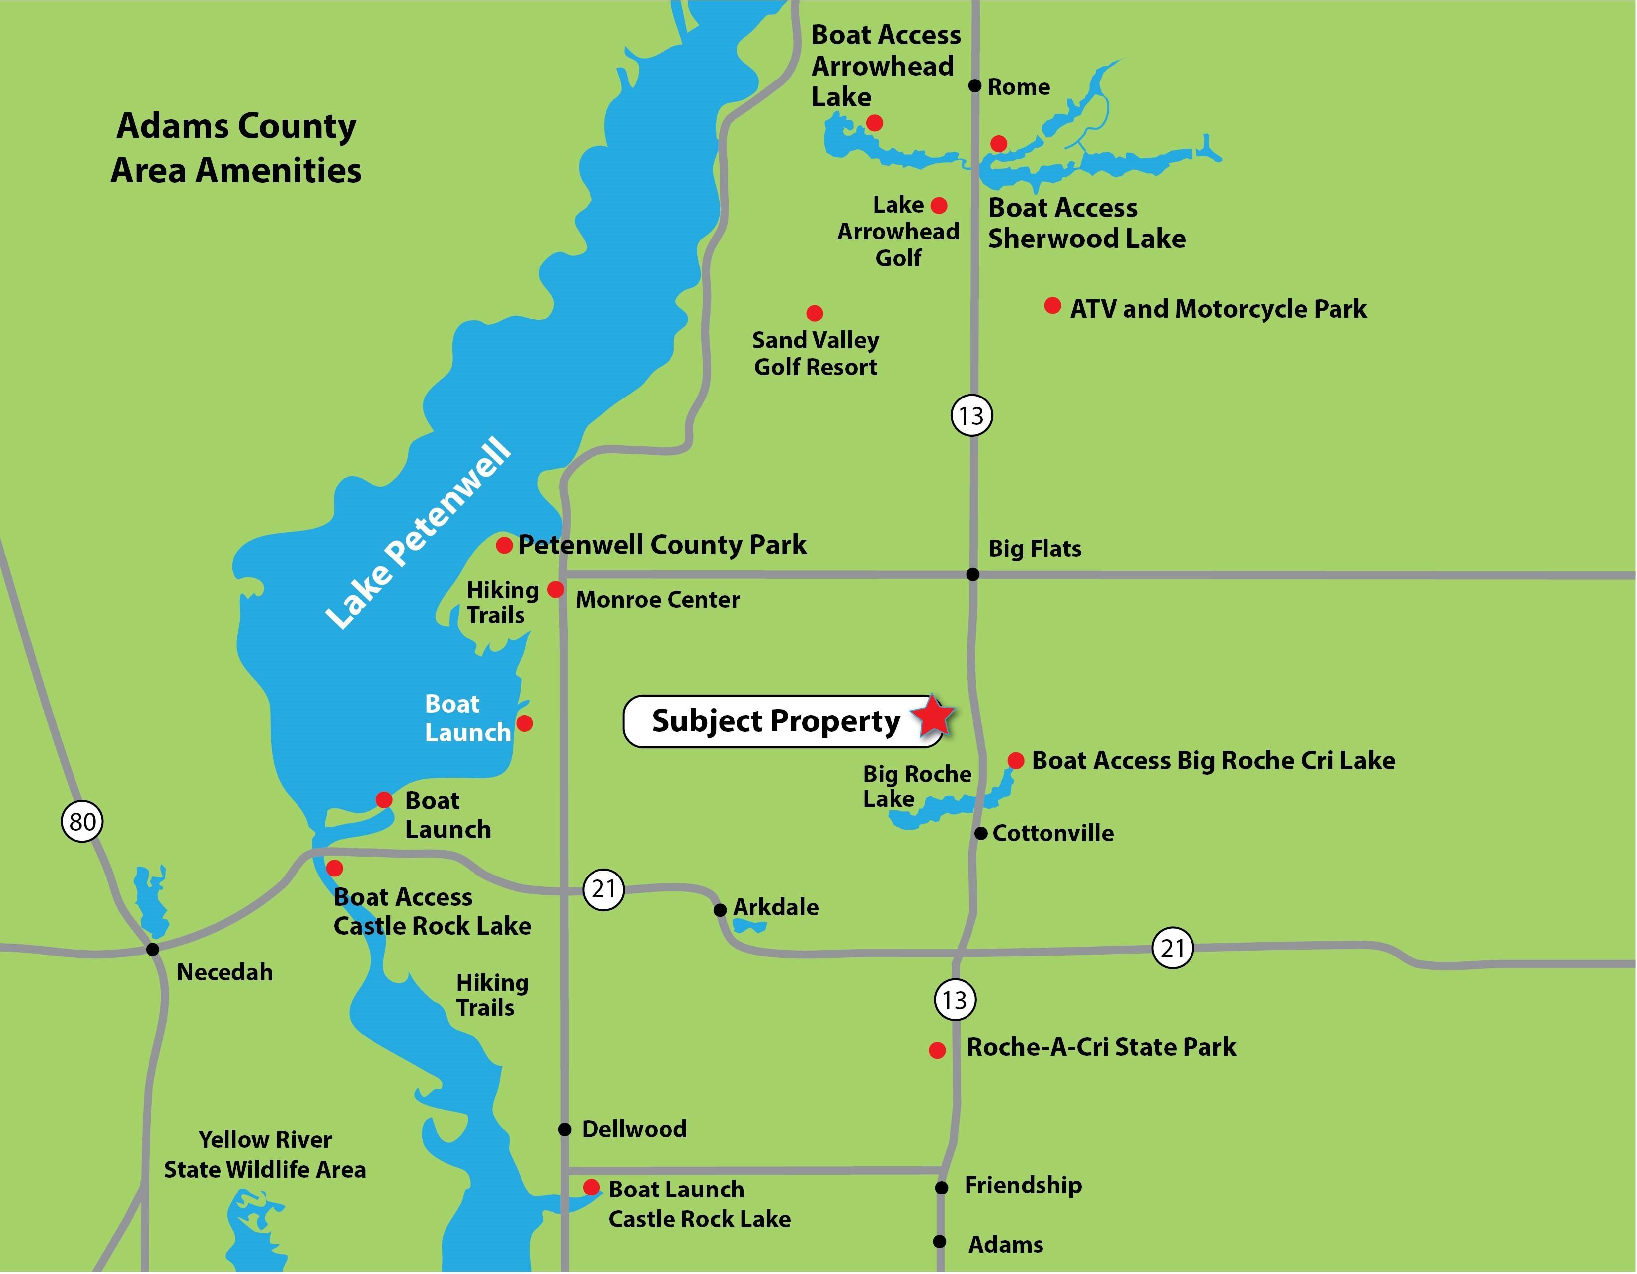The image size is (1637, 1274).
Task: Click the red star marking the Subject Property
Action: (x=933, y=716)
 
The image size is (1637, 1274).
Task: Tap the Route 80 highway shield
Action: (x=81, y=822)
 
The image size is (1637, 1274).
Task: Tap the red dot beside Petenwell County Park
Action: (x=505, y=545)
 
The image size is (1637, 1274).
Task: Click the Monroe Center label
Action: (x=658, y=600)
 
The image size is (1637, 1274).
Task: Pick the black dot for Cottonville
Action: (x=980, y=833)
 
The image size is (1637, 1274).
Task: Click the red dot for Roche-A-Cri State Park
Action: (x=937, y=1050)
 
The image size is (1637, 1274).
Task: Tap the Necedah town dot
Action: (x=153, y=950)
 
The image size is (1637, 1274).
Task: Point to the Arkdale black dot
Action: (x=720, y=910)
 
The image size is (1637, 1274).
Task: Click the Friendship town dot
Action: (x=942, y=1187)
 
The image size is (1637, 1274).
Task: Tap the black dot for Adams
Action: (x=940, y=1242)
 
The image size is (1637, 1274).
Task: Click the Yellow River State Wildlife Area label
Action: (x=265, y=1155)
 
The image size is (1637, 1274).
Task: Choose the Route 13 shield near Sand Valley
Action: (x=972, y=415)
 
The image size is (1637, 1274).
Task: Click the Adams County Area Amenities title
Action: (x=236, y=148)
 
